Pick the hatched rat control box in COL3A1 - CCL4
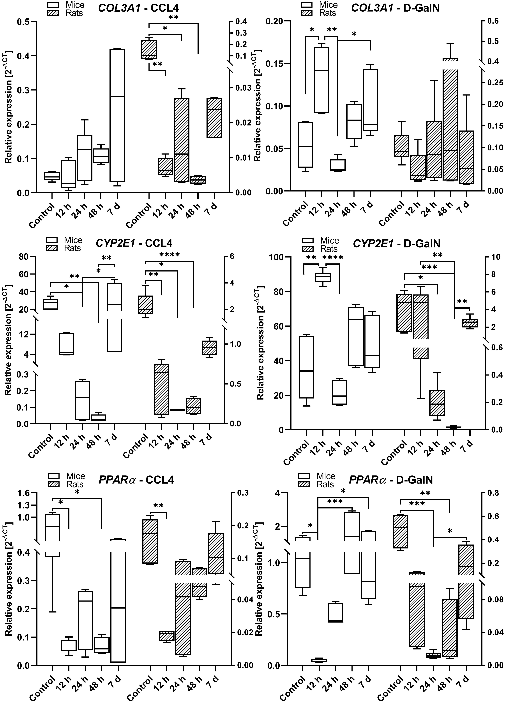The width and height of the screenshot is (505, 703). click(149, 49)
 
